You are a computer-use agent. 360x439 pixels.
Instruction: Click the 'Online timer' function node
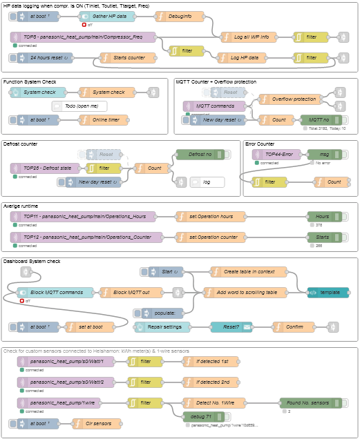104,120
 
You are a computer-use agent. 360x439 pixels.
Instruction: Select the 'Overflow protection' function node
289,99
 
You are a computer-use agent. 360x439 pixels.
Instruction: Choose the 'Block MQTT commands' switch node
56,292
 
